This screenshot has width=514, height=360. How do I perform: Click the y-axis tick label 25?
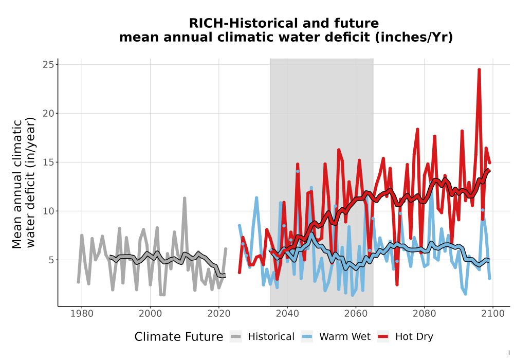[x=48, y=65]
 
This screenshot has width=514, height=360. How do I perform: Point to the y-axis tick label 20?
[x=48, y=114]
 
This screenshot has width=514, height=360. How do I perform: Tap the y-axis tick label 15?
[x=48, y=163]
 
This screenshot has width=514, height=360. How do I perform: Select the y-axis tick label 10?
[x=48, y=211]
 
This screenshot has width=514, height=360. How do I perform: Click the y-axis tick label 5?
[x=51, y=260]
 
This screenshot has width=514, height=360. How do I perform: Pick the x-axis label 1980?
[x=82, y=314]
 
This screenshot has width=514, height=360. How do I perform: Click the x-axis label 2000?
[x=150, y=314]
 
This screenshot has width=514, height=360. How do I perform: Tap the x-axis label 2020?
[x=218, y=314]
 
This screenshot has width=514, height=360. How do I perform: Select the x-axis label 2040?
[x=287, y=314]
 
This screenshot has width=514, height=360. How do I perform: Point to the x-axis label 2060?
[x=356, y=314]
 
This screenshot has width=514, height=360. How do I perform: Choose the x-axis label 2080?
[x=424, y=314]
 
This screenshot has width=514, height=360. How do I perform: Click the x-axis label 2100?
[x=493, y=314]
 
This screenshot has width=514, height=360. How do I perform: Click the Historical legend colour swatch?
[x=236, y=337]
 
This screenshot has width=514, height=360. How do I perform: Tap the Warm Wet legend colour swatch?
[x=307, y=337]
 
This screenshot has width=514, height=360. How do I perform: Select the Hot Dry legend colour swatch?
[x=383, y=337]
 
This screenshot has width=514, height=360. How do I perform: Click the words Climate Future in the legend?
[x=179, y=337]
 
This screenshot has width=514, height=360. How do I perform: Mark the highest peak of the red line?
[x=479, y=69]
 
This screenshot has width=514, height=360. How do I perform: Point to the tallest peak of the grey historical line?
[x=185, y=198]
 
